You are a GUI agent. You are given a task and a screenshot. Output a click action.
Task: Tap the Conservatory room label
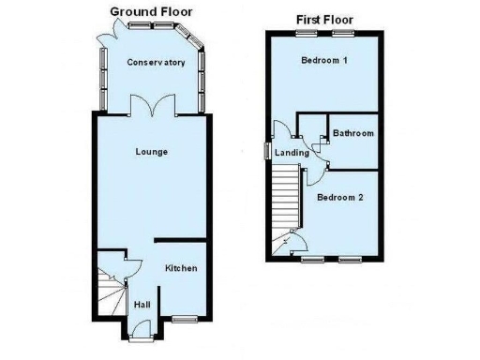[x=156, y=63]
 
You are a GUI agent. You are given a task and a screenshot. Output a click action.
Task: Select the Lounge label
[x=151, y=151]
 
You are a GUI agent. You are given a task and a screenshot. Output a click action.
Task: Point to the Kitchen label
[x=181, y=269]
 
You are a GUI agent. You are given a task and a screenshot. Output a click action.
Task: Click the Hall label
[x=142, y=305]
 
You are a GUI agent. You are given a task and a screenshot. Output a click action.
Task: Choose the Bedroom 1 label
[x=323, y=62]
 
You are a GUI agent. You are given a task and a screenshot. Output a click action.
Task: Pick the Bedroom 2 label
[x=338, y=198]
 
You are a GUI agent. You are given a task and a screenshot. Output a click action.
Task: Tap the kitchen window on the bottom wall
[x=184, y=320]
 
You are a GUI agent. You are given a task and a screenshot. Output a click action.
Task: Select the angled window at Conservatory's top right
[x=196, y=41]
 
